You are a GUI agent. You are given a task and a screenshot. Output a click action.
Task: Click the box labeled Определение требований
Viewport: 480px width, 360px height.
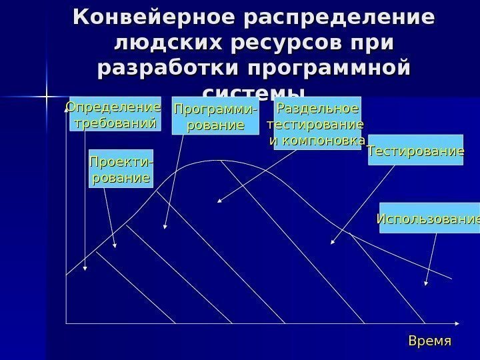pyautogui.click(x=115, y=115)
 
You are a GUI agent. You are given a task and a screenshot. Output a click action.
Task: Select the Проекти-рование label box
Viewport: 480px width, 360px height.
pyautogui.click(x=120, y=169)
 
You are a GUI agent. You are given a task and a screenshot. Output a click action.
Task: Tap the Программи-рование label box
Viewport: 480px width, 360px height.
pyautogui.click(x=215, y=117)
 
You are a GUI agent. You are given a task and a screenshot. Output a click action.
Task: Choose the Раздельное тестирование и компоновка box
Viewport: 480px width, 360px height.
pyautogui.click(x=317, y=123)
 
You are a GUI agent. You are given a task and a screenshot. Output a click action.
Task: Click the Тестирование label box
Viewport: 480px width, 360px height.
pyautogui.click(x=416, y=152)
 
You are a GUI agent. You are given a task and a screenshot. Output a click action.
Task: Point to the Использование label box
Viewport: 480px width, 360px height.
pyautogui.click(x=429, y=218)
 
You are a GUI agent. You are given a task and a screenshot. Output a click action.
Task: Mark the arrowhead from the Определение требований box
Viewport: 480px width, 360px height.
pyautogui.click(x=85, y=269)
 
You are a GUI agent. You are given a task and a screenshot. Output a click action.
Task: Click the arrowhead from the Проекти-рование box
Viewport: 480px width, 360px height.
pyautogui.click(x=116, y=247)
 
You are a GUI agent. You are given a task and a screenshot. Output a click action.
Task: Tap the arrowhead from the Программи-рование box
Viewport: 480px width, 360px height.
pyautogui.click(x=165, y=228)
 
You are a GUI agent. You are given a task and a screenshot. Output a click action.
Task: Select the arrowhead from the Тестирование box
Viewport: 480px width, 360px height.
pyautogui.click(x=333, y=243)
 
